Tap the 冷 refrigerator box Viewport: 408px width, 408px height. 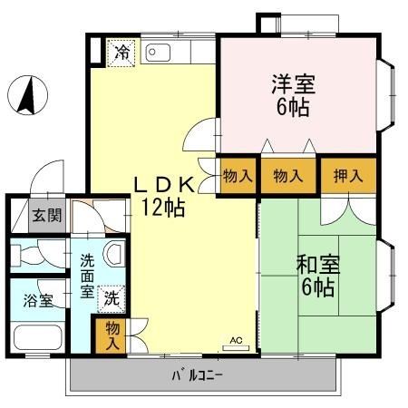click(121, 53)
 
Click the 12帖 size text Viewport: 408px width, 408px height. click(164, 208)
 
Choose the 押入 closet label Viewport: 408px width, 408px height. click(346, 175)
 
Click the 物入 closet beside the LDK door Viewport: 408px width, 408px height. click(238, 175)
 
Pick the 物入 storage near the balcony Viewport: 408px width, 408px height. click(112, 335)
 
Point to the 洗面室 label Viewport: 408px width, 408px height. click(87, 277)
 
